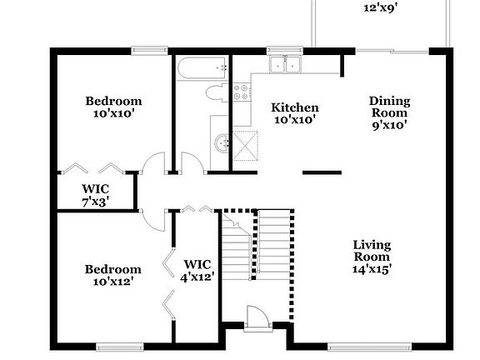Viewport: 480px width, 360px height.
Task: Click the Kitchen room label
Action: coord(295,107)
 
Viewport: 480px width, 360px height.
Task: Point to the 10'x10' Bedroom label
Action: coord(113,107)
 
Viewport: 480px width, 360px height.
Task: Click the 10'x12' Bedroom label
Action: coord(113,275)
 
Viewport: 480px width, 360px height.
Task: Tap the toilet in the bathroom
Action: coord(213,92)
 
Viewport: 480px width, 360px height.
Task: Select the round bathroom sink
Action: coord(222,143)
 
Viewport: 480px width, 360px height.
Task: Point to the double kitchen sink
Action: coord(287,65)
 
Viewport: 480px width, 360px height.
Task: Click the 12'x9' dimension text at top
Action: coord(380,8)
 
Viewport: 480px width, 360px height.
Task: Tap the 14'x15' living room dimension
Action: coord(372,268)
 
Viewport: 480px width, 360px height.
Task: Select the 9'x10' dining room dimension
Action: coord(389,124)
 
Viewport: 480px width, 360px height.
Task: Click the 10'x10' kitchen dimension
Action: coord(295,119)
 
